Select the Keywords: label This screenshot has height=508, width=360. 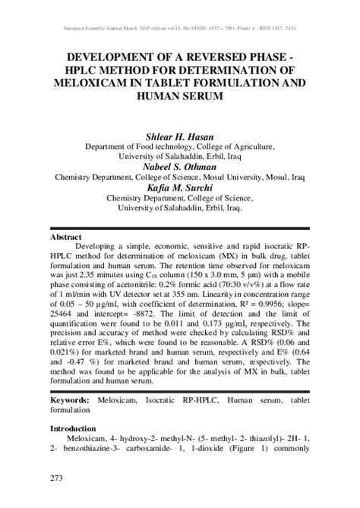(74, 399)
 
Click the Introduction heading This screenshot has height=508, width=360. (79, 429)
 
